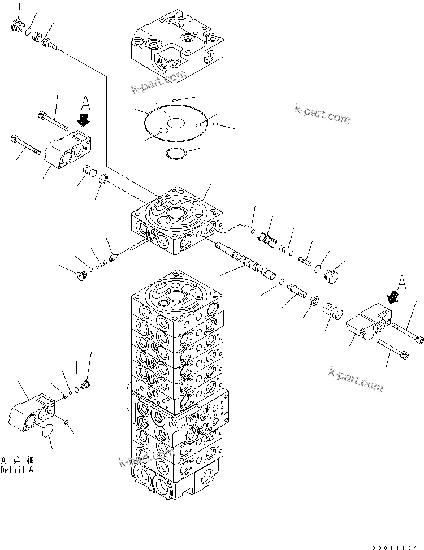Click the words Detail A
click(17, 470)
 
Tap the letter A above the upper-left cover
click(85, 103)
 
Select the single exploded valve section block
click(176, 223)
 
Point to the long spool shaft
click(247, 259)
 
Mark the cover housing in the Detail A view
click(33, 415)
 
